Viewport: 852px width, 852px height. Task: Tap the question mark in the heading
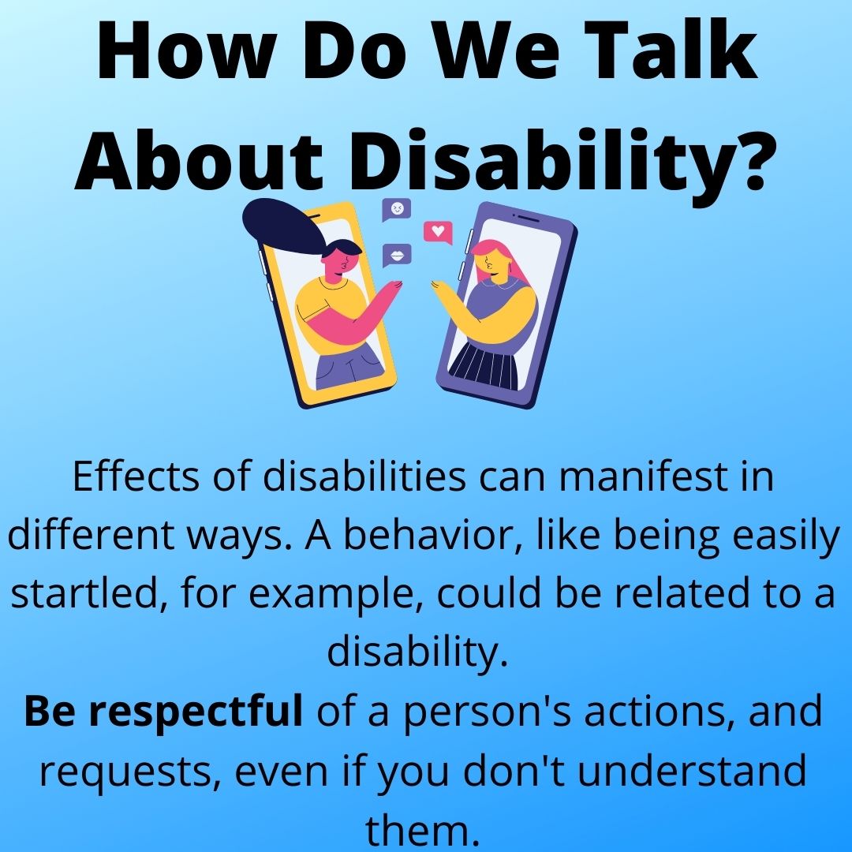pos(744,156)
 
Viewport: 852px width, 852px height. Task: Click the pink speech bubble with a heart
pos(439,232)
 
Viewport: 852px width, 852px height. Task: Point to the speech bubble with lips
pos(396,255)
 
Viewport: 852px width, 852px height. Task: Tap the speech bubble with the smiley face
pos(397,210)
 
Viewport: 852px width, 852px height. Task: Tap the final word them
pos(423,828)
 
